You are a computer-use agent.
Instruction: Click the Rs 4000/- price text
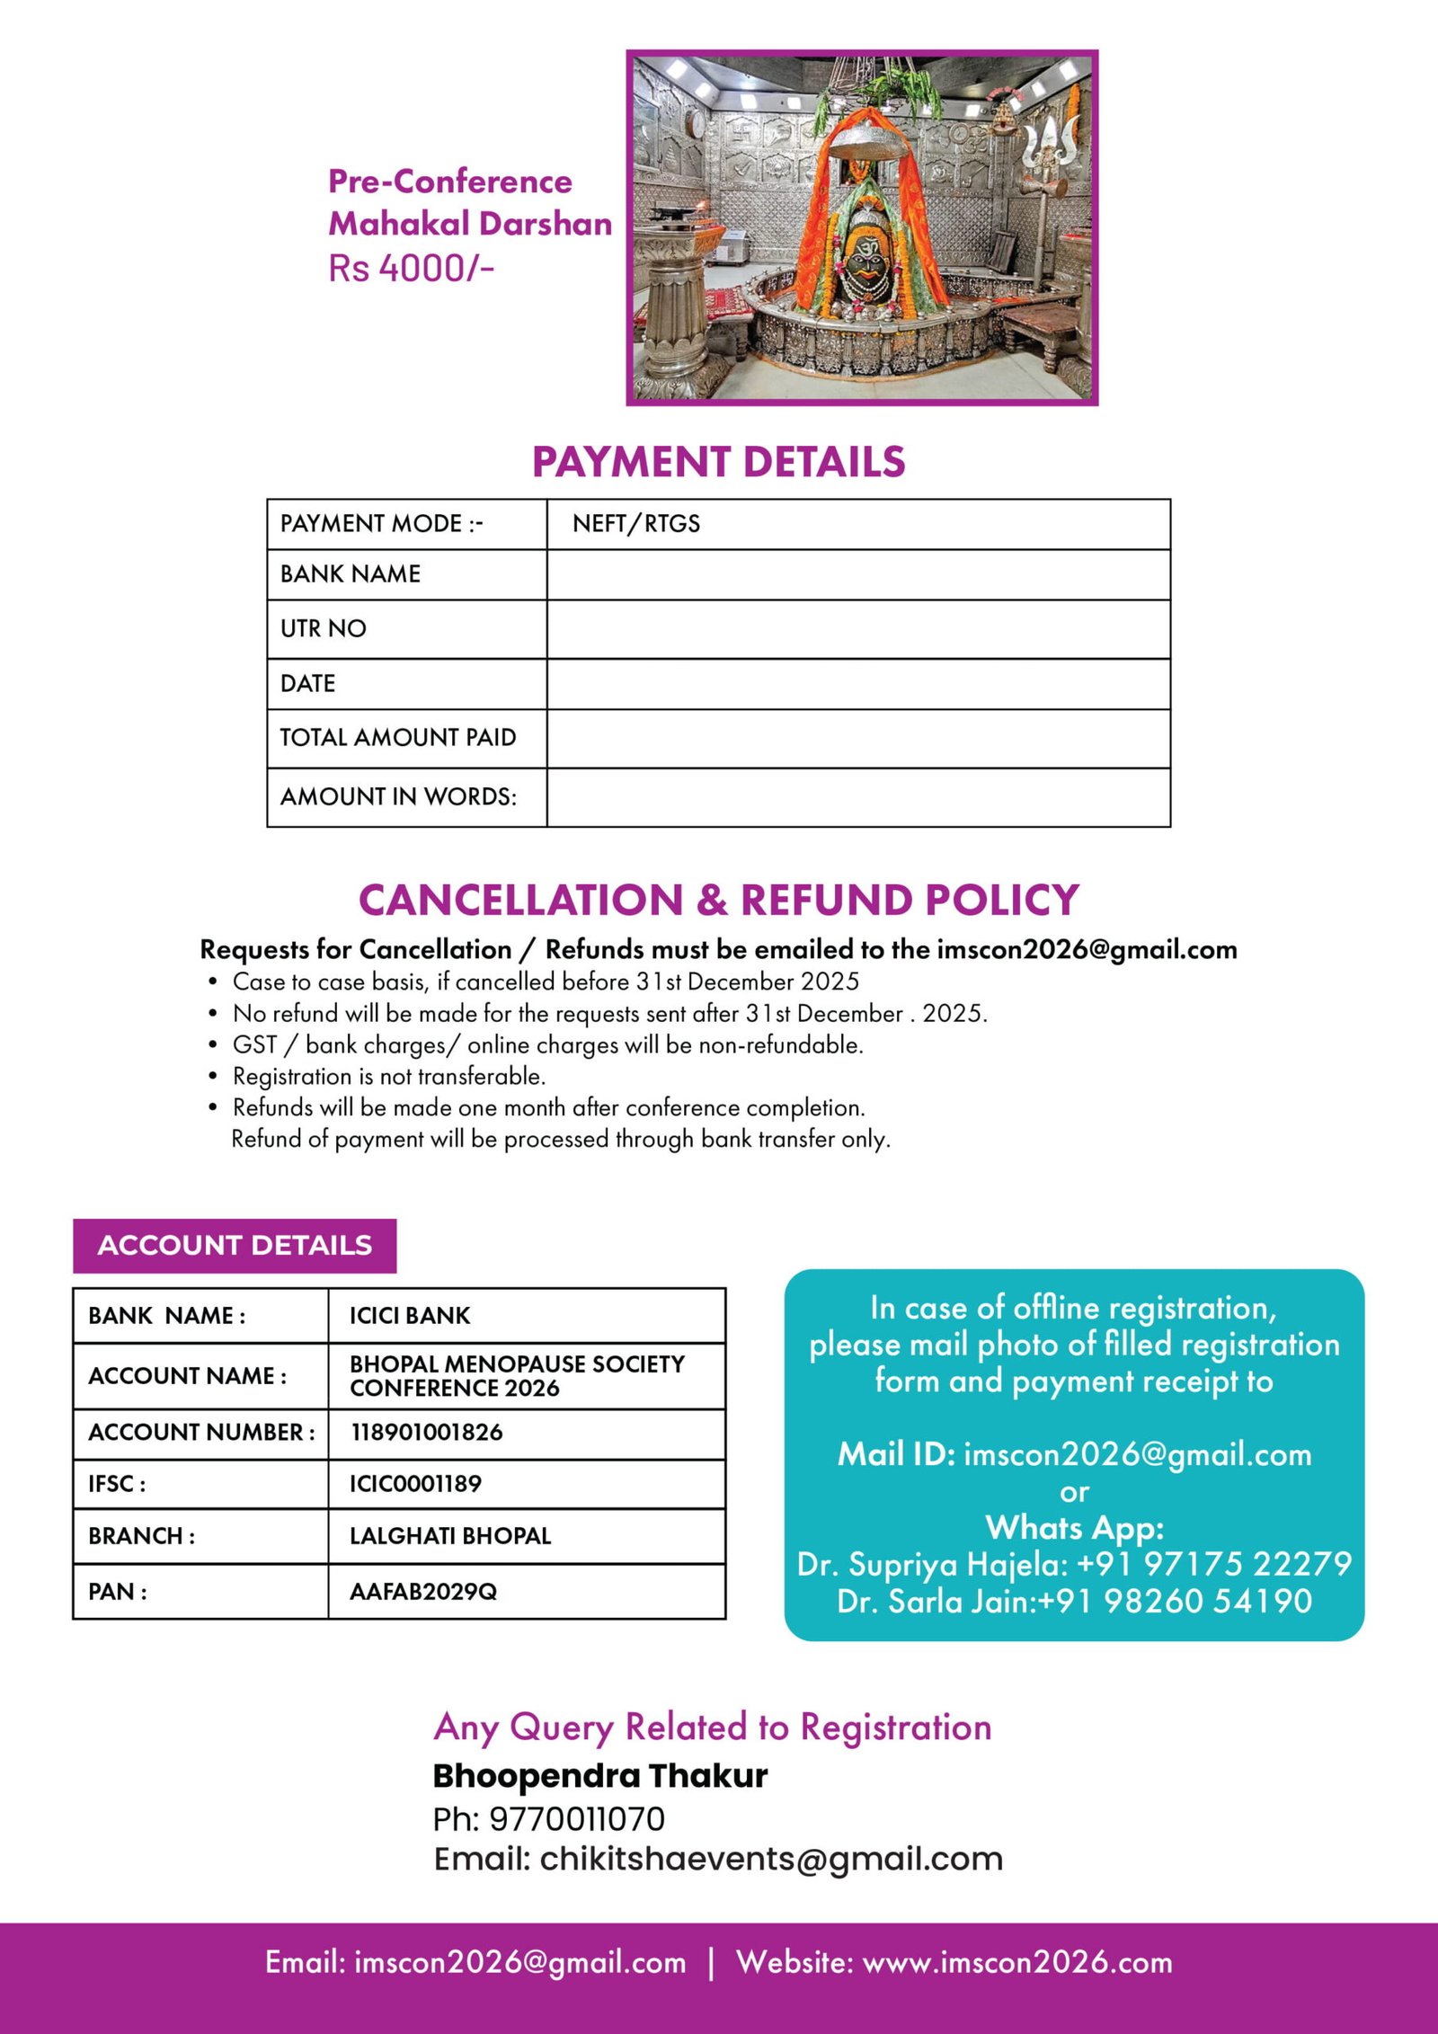411,268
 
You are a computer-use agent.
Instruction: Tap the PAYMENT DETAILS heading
718,462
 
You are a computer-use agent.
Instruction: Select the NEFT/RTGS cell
635,524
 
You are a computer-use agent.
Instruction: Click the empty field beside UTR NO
857,629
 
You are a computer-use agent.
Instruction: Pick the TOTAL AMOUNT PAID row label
398,738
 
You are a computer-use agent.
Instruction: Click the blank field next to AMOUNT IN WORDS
857,797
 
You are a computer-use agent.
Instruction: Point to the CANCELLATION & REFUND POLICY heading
718,901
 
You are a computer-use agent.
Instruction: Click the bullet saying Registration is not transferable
388,1076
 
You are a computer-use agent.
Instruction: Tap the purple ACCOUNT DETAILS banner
235,1245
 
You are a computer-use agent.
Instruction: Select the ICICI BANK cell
410,1316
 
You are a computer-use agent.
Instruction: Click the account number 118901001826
426,1433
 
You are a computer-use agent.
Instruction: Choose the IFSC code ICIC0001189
415,1484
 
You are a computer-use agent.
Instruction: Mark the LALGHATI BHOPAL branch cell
450,1536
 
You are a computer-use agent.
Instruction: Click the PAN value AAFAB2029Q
422,1592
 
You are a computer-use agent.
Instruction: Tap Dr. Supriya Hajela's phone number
1213,1565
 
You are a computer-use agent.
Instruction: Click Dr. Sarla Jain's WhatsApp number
1175,1602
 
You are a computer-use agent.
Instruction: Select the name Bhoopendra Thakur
599,1776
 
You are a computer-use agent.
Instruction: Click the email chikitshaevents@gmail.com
771,1859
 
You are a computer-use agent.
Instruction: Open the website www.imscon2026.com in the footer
1017,1963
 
